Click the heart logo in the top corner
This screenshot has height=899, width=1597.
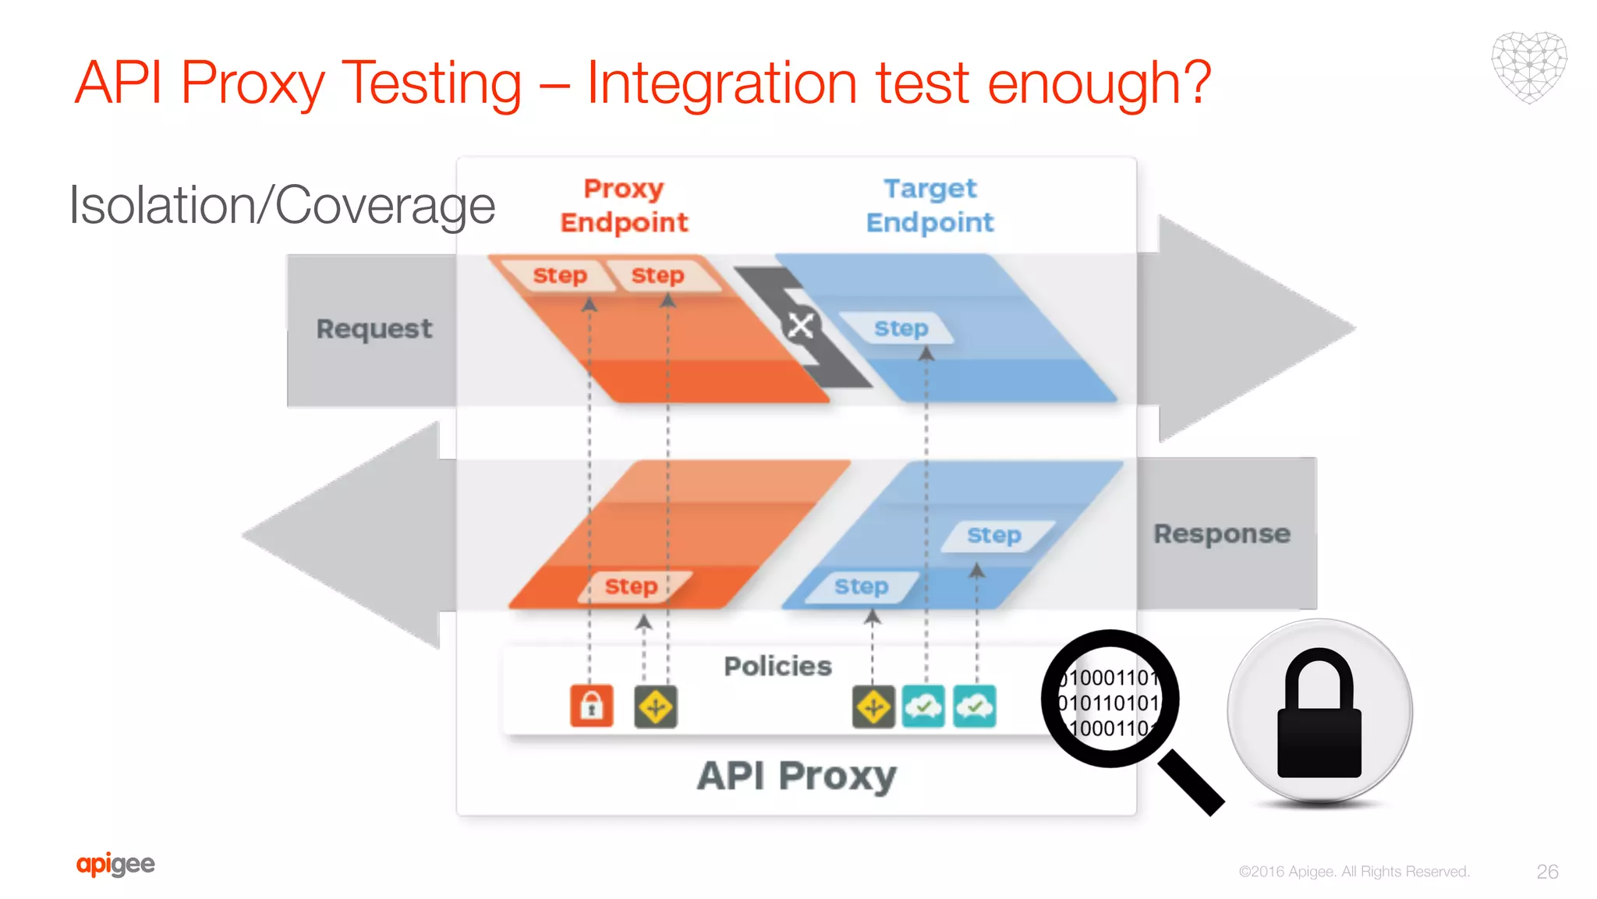pos(1528,67)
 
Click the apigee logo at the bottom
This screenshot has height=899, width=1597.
pos(115,864)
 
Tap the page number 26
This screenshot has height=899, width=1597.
pos(1547,872)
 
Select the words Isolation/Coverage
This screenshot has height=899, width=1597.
pos(282,206)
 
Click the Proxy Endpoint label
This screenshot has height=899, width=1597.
pos(624,206)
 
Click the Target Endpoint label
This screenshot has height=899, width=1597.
pos(930,206)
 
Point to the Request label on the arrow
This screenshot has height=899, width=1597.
pos(374,329)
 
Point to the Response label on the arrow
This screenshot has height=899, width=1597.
pos(1222,534)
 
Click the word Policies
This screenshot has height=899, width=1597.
pos(777,667)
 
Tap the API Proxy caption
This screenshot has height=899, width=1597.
pos(796,777)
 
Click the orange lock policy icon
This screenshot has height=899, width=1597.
pos(591,706)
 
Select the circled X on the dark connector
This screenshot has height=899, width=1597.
pos(800,326)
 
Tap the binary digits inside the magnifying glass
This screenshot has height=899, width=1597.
pos(1109,703)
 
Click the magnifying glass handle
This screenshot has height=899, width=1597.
pos(1191,783)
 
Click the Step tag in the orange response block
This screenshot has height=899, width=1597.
pos(632,586)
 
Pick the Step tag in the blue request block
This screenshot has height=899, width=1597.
pos(901,329)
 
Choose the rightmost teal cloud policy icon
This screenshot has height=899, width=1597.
pos(974,706)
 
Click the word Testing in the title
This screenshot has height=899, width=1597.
pos(431,83)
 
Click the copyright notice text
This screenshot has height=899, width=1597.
pos(1354,872)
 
